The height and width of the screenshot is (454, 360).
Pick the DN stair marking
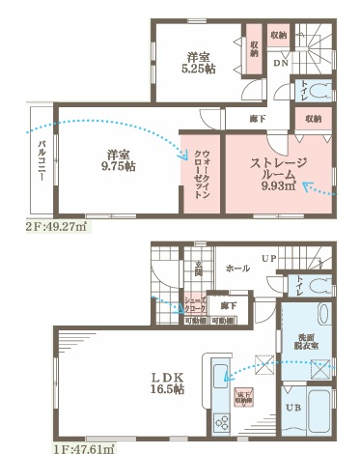point(279,63)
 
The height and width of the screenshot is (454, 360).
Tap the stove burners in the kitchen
point(218,422)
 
